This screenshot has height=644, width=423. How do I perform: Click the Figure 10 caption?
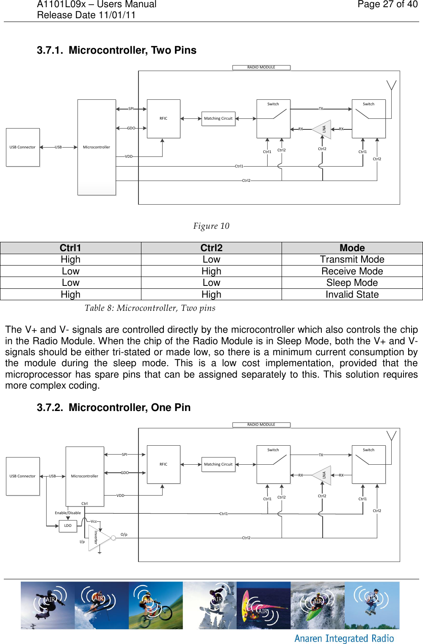click(x=211, y=226)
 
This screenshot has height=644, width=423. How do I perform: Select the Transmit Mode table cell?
click(x=352, y=260)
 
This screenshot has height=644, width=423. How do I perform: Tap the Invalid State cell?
click(x=352, y=295)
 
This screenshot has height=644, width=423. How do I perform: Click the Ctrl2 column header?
click(x=211, y=248)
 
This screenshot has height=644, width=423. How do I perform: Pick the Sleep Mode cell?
click(x=352, y=283)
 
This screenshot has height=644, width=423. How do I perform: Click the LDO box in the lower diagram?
click(x=68, y=526)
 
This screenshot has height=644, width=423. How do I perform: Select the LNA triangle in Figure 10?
click(x=323, y=129)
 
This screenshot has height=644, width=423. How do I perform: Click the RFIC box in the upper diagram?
click(x=163, y=118)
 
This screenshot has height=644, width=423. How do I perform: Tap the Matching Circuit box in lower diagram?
click(x=218, y=464)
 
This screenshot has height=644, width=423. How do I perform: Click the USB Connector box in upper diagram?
click(x=23, y=147)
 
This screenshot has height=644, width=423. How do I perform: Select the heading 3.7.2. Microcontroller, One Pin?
click(x=113, y=408)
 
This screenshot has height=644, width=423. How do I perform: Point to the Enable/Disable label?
click(x=68, y=513)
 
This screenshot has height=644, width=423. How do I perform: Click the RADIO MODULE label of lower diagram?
click(x=261, y=425)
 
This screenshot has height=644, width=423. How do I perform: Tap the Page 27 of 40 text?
click(x=387, y=5)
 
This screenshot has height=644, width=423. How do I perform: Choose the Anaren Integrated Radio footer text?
click(x=344, y=639)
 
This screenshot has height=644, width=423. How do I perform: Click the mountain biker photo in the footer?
click(x=155, y=606)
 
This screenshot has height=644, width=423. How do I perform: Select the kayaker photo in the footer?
click(x=318, y=606)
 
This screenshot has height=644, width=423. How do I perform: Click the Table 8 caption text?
click(x=150, y=308)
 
